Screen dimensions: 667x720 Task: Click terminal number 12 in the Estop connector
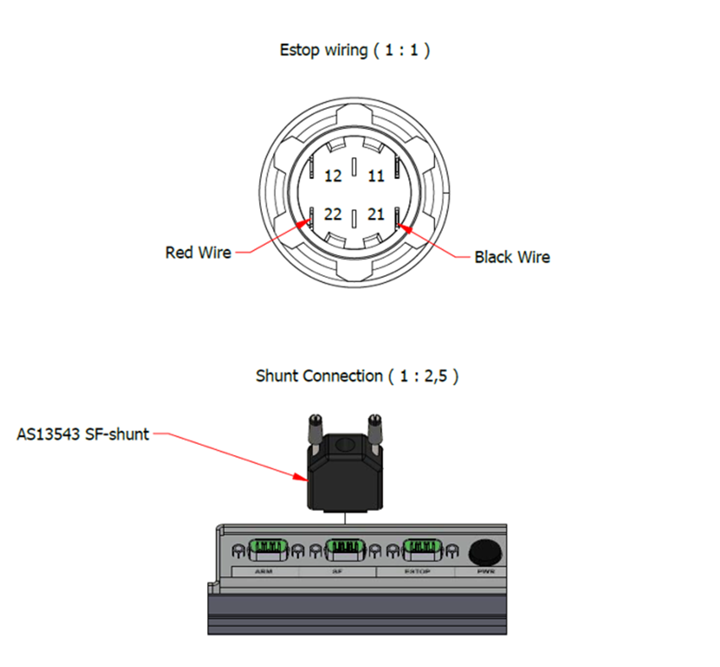point(333,176)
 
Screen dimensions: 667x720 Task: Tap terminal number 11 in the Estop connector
point(377,176)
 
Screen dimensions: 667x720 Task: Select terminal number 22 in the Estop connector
point(333,215)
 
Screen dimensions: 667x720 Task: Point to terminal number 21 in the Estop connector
point(377,215)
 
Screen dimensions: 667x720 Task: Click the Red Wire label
point(198,252)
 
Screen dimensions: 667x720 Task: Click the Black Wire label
point(512,257)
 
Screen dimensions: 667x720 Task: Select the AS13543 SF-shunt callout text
point(83,435)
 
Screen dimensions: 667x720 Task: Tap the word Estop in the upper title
point(301,50)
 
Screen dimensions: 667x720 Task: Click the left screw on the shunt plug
point(313,426)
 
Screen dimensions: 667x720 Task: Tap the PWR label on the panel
point(483,572)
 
